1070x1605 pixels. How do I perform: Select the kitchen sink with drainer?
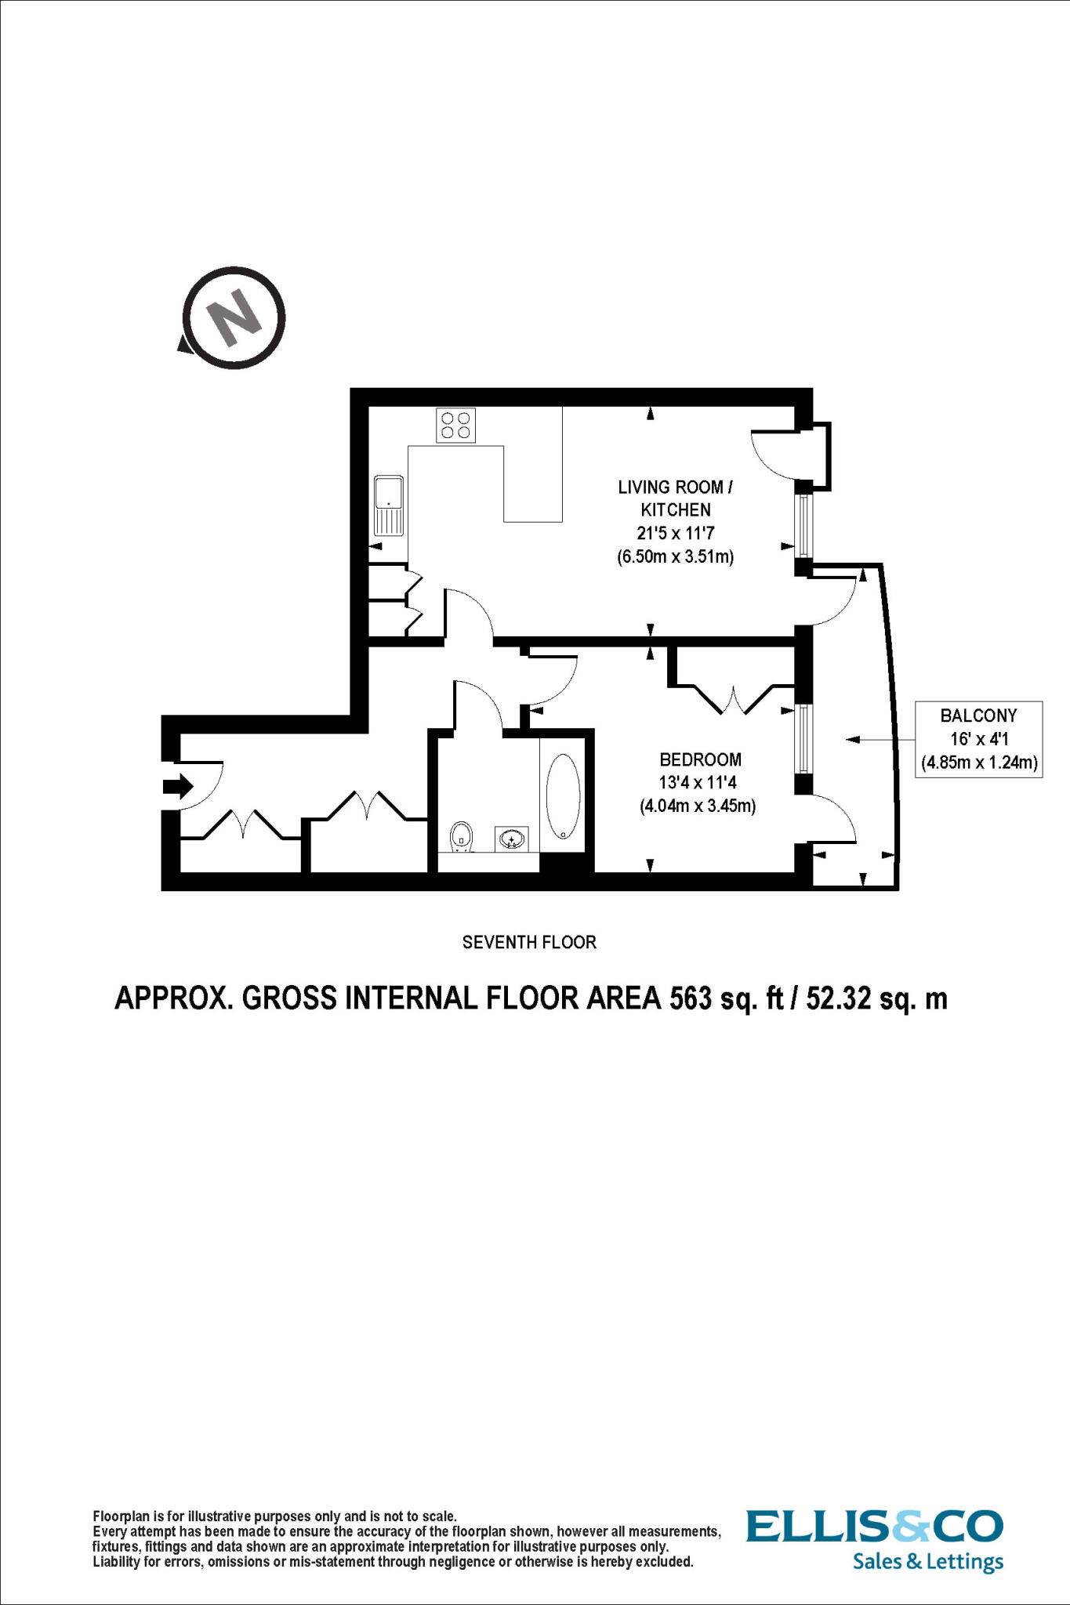click(x=389, y=505)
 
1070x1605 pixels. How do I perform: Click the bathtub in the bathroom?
click(x=563, y=797)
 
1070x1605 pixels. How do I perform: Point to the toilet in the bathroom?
click(x=462, y=836)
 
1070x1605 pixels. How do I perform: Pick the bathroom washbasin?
click(x=511, y=839)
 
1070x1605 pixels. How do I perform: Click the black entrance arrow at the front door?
click(x=177, y=785)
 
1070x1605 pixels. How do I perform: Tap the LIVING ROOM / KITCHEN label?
click(x=675, y=498)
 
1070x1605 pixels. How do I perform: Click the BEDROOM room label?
click(x=700, y=759)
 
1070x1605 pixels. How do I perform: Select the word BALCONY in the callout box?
click(x=978, y=716)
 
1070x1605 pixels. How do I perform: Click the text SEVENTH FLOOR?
click(x=529, y=942)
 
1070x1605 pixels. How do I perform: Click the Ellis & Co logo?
click(x=874, y=1527)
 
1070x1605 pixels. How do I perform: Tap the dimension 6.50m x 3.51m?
click(x=675, y=558)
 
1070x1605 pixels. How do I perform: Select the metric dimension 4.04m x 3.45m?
click(x=698, y=806)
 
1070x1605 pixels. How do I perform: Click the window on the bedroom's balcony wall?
click(x=803, y=738)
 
